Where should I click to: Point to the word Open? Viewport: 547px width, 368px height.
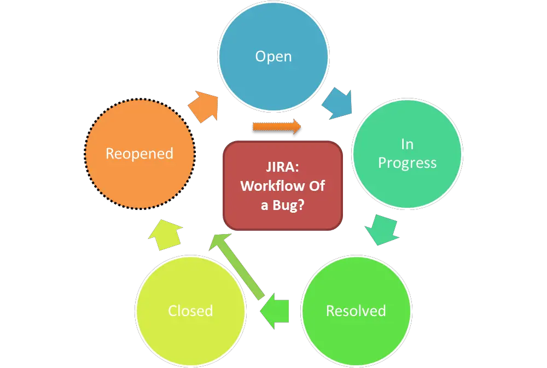[x=273, y=57]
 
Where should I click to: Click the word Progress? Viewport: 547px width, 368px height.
[x=407, y=163]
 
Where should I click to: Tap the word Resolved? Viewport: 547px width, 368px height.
[x=356, y=311]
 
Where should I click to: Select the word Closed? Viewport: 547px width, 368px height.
[x=190, y=311]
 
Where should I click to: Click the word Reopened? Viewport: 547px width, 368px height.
[x=139, y=154]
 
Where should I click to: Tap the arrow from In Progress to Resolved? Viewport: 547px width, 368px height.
[x=383, y=229]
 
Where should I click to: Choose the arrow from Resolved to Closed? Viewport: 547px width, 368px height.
[x=275, y=312]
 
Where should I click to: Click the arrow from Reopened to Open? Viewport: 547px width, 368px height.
[x=203, y=106]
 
